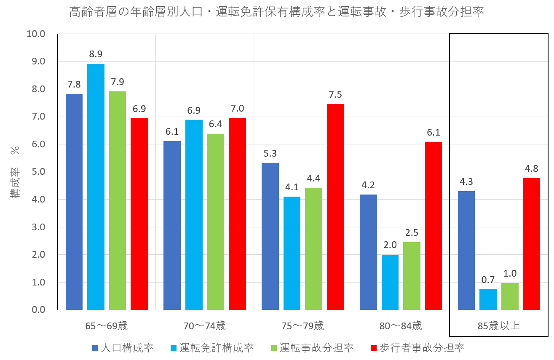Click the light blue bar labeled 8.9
pos(96,187)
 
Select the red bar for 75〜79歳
pos(335,207)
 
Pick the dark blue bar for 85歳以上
pos(466,251)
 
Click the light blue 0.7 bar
pos(488,300)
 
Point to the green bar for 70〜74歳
pos(216,222)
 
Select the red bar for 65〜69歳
pos(139,214)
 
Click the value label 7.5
pos(335,94)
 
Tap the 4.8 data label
pos(531,168)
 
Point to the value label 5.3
pos(270,153)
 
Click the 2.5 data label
pos(412,232)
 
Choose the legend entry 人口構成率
pos(123,348)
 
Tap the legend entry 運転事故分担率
pos(312,348)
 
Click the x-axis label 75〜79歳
pos(302,326)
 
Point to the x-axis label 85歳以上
pos(498,326)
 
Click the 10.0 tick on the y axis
pos(36,34)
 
